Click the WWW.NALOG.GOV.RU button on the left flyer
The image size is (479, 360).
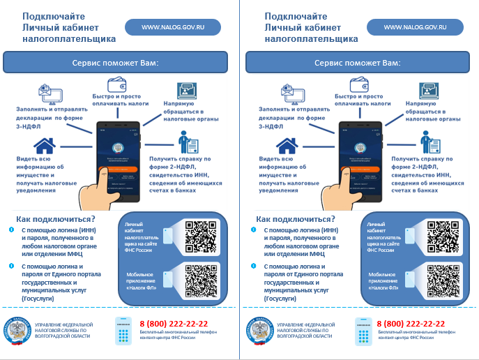[x=172, y=27]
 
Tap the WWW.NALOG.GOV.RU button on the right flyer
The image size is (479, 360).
[x=415, y=27]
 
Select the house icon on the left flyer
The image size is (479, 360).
[x=45, y=145]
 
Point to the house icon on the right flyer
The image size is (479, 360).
[x=287, y=145]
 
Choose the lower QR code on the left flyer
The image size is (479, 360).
[x=200, y=280]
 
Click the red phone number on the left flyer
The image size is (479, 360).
[x=174, y=324]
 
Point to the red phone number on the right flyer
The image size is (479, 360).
[x=411, y=324]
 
